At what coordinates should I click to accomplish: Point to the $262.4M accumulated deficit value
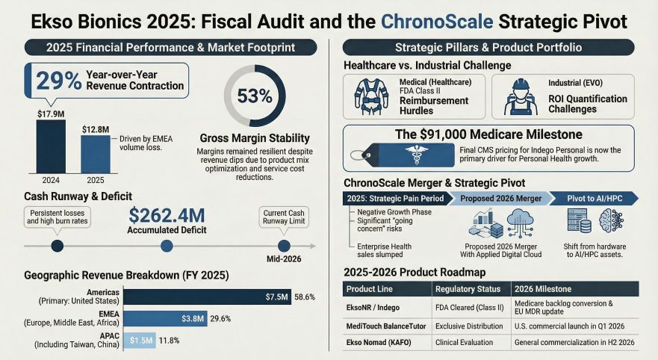tap(167, 216)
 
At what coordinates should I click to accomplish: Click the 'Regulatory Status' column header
tap(468, 289)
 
